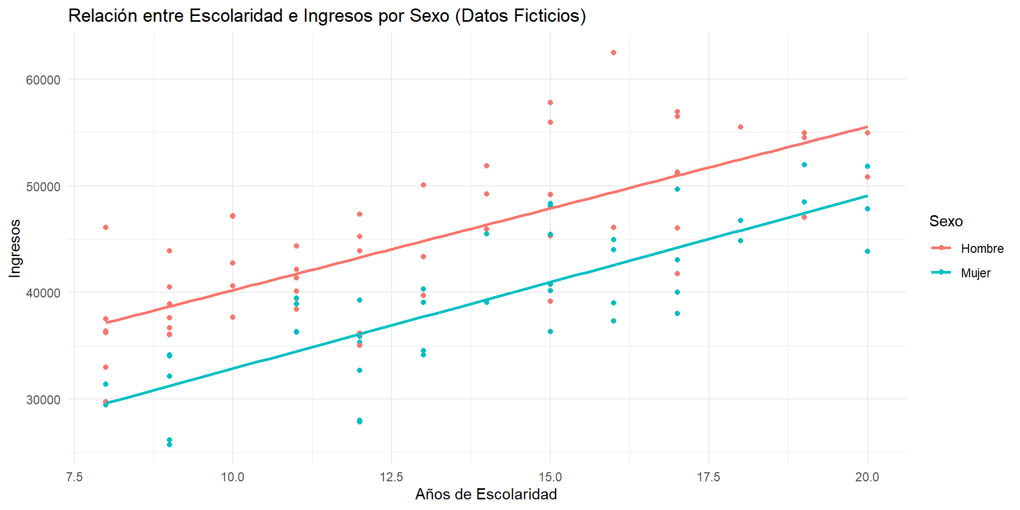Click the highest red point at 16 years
[614, 53]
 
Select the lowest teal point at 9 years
[169, 444]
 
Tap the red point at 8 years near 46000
[106, 227]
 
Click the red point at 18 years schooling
[741, 127]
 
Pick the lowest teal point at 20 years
[868, 251]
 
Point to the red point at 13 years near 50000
[423, 185]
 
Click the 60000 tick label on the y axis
[43, 80]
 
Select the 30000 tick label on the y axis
[43, 400]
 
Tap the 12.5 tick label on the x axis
[392, 477]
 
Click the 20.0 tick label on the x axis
[867, 477]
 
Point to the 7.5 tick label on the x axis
[74, 477]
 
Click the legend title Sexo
[946, 222]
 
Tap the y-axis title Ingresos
[15, 248]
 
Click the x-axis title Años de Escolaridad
[486, 495]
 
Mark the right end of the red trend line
[867, 126]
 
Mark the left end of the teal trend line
[106, 404]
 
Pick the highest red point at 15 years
[550, 103]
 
